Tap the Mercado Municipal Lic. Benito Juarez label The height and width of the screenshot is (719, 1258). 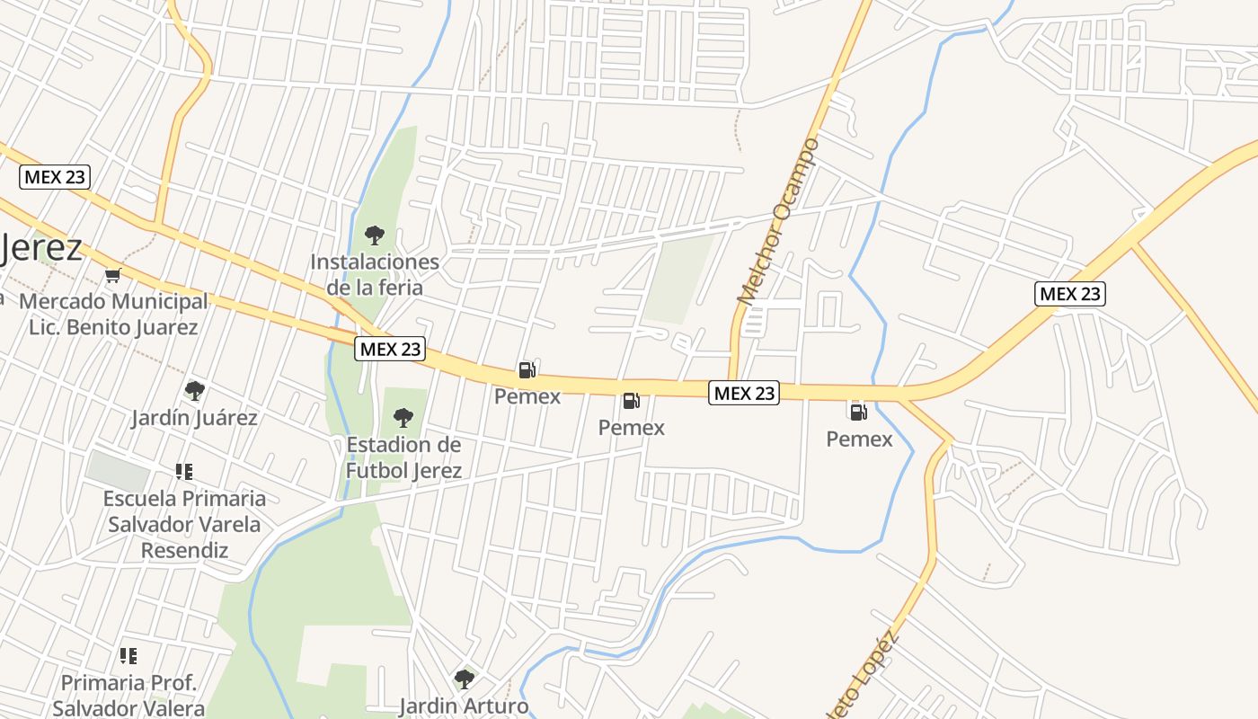pos(113,314)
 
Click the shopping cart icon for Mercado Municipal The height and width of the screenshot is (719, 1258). pos(112,275)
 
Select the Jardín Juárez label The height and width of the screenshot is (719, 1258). pos(194,418)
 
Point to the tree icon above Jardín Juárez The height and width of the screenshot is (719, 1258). pos(194,391)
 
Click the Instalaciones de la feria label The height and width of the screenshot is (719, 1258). pos(375,275)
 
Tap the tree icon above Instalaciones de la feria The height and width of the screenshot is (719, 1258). pos(375,235)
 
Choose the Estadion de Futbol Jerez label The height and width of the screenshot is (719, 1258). pos(403,457)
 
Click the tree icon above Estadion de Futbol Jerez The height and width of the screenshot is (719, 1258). pos(403,418)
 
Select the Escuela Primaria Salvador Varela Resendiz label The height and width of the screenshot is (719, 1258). pos(184,524)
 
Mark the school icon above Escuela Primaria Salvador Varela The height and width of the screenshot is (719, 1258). pos(184,472)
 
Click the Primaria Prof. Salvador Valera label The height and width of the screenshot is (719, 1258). pos(128,696)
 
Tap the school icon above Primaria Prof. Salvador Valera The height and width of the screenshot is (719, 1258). pos(128,656)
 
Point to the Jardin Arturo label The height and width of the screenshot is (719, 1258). pos(464,706)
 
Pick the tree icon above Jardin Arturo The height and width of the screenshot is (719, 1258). pos(464,679)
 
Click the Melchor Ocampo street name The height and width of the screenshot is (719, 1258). pos(778,221)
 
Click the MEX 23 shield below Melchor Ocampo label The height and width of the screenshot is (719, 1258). pos(743,393)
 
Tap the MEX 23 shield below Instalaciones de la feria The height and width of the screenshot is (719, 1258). pos(389,350)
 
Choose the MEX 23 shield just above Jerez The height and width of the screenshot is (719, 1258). pos(56,177)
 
